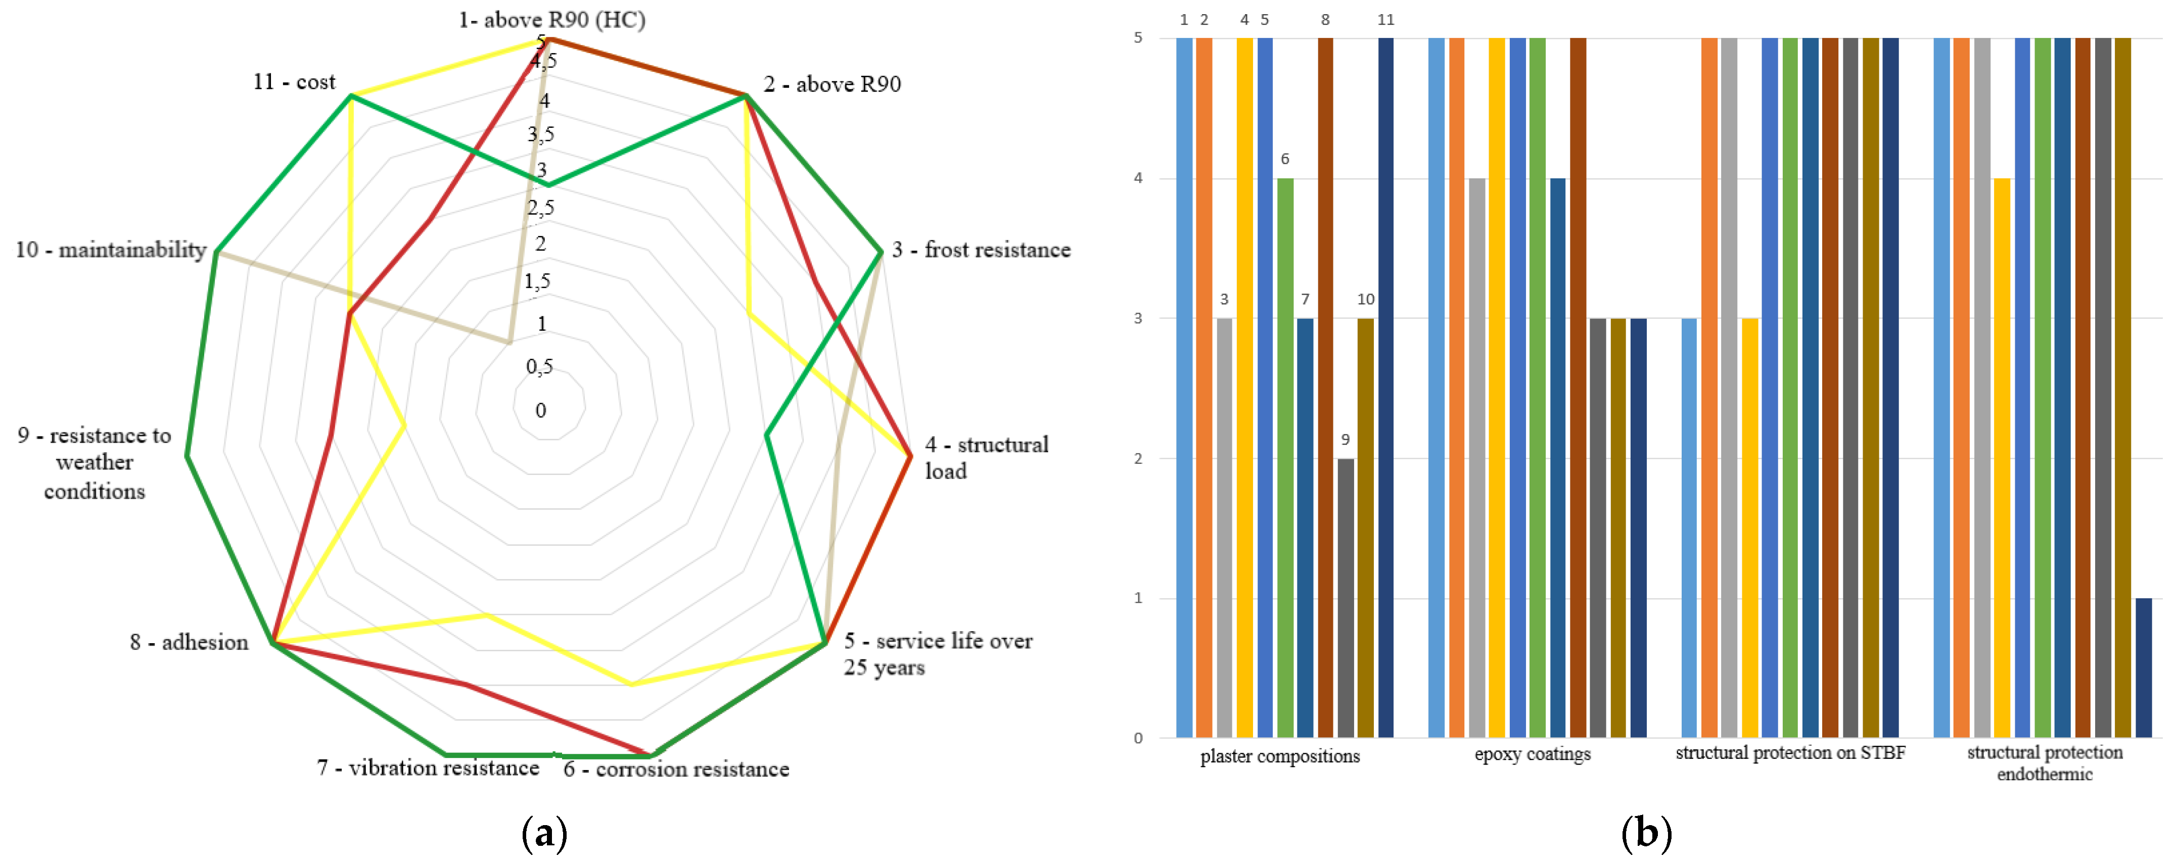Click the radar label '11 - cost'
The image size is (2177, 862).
coord(294,82)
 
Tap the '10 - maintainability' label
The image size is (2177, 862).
coord(111,250)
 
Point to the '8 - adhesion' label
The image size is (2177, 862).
coord(190,642)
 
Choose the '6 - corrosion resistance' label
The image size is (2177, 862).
coord(676,769)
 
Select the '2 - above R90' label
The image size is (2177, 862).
coord(832,84)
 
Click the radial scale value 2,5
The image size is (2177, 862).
coord(541,208)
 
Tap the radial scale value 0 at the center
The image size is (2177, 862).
coord(541,411)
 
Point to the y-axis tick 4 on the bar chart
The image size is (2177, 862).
coord(1138,178)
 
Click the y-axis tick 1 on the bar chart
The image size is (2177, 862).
coord(1138,598)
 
